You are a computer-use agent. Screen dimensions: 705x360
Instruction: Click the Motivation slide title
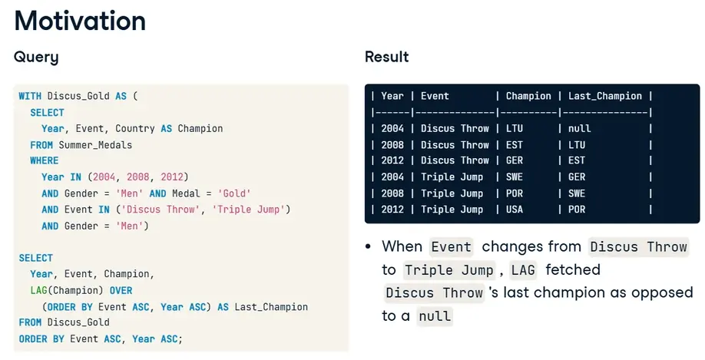(80, 21)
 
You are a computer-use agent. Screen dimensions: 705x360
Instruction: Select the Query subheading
(36, 57)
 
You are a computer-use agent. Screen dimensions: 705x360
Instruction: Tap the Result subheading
(386, 57)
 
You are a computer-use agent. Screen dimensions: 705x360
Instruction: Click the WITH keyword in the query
(30, 96)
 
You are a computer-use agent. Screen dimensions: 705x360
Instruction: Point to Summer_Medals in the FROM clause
(95, 145)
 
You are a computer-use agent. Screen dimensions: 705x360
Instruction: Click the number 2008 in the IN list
(137, 177)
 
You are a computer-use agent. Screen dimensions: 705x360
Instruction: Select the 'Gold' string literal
(233, 193)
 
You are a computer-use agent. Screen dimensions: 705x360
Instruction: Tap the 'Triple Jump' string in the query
(251, 210)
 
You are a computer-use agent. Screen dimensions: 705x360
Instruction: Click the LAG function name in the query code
(38, 290)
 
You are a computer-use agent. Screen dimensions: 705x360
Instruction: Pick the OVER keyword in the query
(121, 290)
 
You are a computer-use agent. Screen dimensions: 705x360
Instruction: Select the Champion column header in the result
(528, 96)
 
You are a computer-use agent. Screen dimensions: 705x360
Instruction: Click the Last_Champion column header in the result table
(604, 96)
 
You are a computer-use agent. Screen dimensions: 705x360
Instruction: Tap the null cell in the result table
(579, 128)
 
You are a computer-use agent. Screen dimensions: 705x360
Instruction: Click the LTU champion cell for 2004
(515, 128)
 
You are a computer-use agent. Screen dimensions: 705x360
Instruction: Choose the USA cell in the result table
(515, 210)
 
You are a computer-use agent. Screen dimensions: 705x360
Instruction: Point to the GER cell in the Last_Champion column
(577, 177)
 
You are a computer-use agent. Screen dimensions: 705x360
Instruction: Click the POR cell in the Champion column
(515, 193)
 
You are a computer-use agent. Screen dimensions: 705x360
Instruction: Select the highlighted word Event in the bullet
(451, 246)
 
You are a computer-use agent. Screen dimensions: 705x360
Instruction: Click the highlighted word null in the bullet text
(435, 316)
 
